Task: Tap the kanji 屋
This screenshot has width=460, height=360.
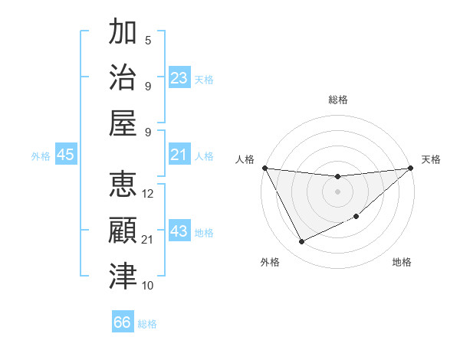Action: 123,123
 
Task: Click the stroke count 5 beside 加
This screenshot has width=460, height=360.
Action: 148,41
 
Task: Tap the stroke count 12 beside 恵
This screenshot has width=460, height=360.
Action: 149,195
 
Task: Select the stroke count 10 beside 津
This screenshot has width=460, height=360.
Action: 149,286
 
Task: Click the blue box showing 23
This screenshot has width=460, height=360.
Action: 179,78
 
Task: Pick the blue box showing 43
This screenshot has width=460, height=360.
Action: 179,231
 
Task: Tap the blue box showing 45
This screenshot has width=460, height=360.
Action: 66,155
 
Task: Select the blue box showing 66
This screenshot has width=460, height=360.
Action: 123,322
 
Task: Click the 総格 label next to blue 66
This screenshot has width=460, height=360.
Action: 147,324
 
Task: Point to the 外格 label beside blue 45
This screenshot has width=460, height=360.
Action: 41,156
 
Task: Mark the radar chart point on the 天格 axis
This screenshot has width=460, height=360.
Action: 411,168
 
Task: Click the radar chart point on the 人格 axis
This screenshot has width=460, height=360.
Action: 264,168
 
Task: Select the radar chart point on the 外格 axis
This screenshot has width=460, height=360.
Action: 301,242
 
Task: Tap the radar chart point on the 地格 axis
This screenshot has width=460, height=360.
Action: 357,217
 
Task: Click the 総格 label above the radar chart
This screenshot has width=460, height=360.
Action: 337,100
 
